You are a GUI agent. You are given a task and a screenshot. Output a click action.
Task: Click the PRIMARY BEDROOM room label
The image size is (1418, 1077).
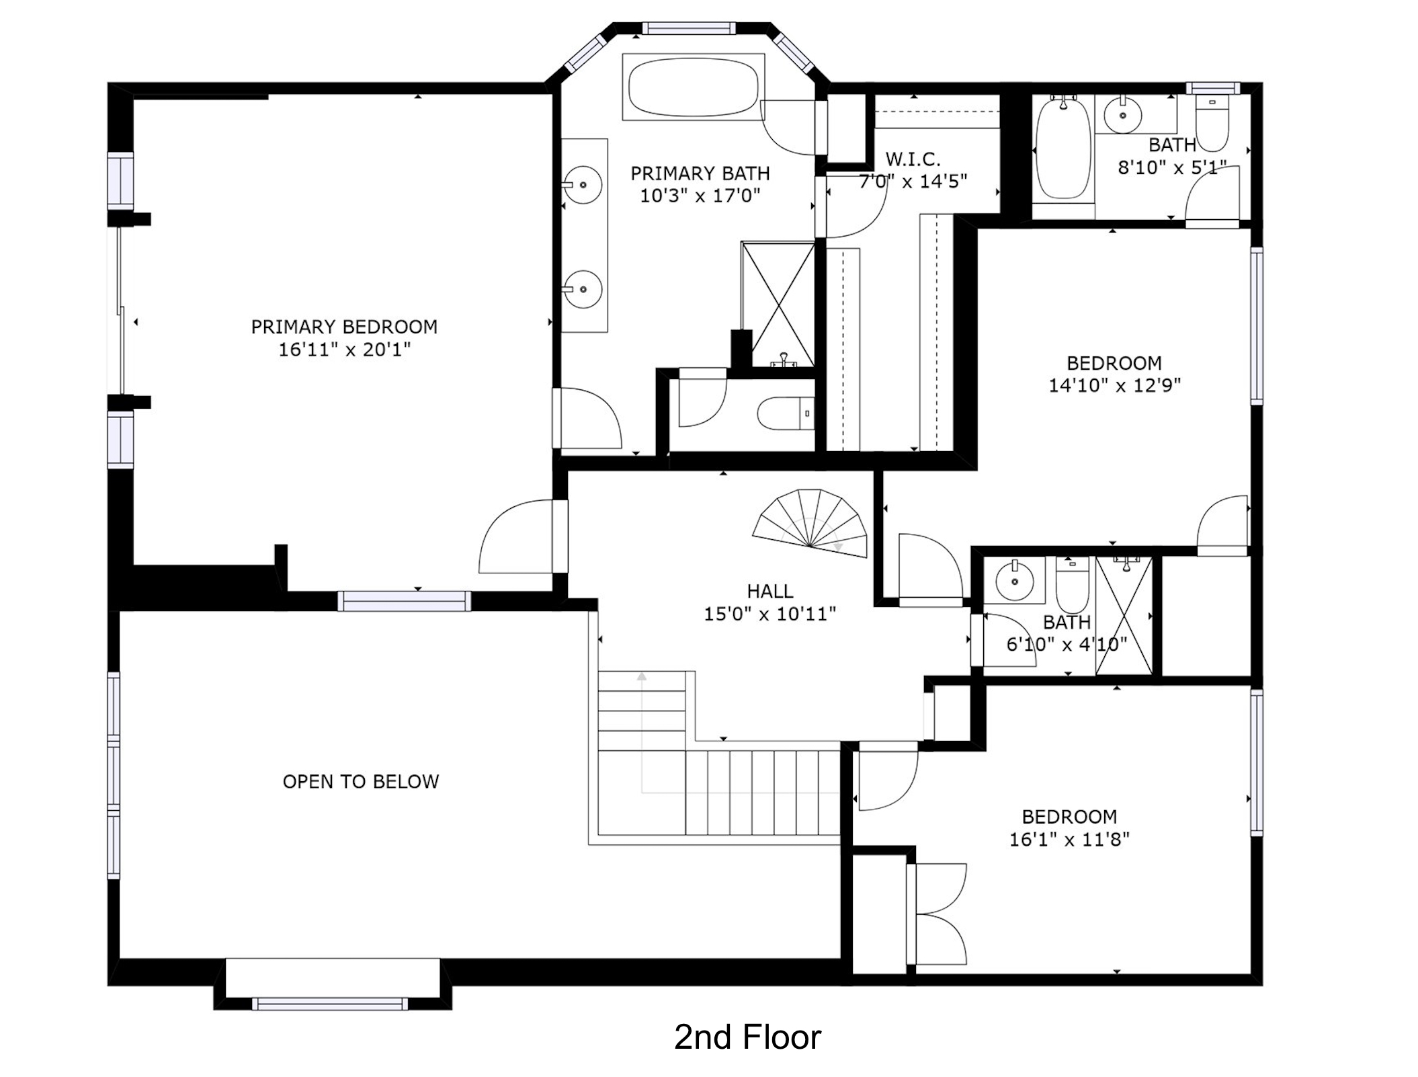point(344,327)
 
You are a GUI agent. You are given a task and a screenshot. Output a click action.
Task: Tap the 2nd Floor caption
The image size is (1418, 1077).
point(747,1037)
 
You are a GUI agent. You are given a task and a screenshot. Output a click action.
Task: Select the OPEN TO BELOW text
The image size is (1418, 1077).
point(361,781)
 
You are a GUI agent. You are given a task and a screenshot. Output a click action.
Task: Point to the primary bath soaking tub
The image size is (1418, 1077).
point(694,87)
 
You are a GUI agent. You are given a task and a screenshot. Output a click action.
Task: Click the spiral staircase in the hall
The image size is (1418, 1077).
point(810,524)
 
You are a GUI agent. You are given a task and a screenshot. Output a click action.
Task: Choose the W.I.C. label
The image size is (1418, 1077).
point(913,159)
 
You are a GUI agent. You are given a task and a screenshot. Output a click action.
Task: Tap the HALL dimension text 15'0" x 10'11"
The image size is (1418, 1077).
point(770,614)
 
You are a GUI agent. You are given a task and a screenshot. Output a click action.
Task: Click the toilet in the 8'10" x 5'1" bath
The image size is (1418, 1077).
point(1212,123)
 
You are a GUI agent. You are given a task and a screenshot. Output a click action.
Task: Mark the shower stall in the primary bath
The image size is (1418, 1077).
point(778,304)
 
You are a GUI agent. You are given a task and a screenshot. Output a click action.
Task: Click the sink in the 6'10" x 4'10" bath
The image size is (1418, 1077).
point(1014,580)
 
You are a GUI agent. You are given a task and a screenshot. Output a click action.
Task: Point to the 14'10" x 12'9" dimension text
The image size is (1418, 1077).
point(1114,385)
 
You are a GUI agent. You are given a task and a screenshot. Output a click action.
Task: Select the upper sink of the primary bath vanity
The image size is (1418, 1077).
point(583,184)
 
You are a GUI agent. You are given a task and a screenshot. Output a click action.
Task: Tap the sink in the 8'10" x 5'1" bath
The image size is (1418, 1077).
point(1123,115)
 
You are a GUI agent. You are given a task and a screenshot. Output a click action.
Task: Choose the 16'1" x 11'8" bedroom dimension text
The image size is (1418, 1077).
point(1069,839)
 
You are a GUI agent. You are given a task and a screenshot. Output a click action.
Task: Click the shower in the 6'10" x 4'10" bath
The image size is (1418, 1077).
point(1124,615)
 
